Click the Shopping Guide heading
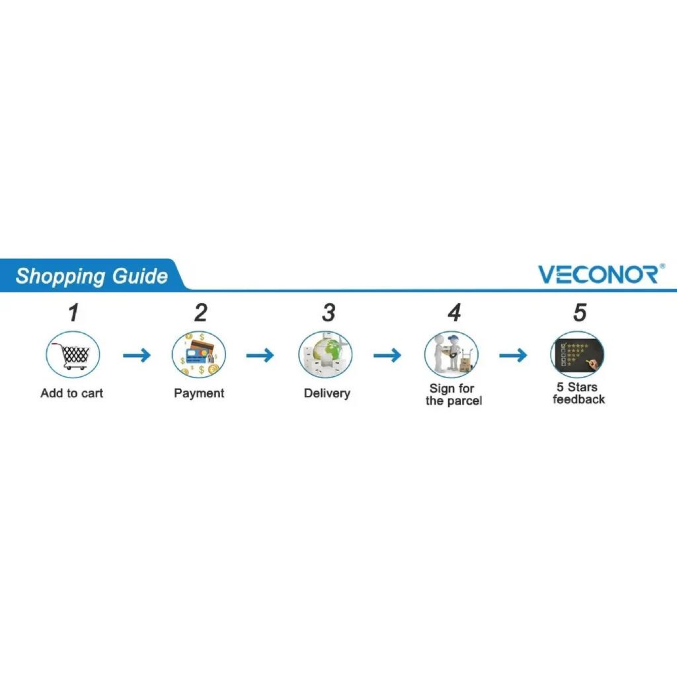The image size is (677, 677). point(91,276)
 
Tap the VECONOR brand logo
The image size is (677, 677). point(601,274)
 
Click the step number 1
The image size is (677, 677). point(74,313)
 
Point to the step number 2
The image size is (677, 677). point(201,313)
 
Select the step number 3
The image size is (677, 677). point(329,313)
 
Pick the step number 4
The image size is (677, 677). point(454,313)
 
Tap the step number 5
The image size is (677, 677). point(580,313)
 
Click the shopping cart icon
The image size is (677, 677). point(73,355)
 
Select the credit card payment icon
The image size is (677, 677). point(199,355)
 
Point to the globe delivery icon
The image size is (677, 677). point(325,355)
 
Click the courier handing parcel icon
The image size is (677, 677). point(452,355)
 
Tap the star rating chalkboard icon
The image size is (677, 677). point(577,355)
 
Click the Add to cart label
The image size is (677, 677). point(71,393)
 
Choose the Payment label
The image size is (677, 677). point(199,393)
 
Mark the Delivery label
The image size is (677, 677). point(327,393)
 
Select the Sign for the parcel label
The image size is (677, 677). point(454,395)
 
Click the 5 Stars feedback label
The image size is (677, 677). point(578,393)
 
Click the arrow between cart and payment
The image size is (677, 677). point(137,355)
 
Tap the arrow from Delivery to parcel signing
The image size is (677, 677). point(387,355)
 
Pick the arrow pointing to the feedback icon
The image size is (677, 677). point(513,355)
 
